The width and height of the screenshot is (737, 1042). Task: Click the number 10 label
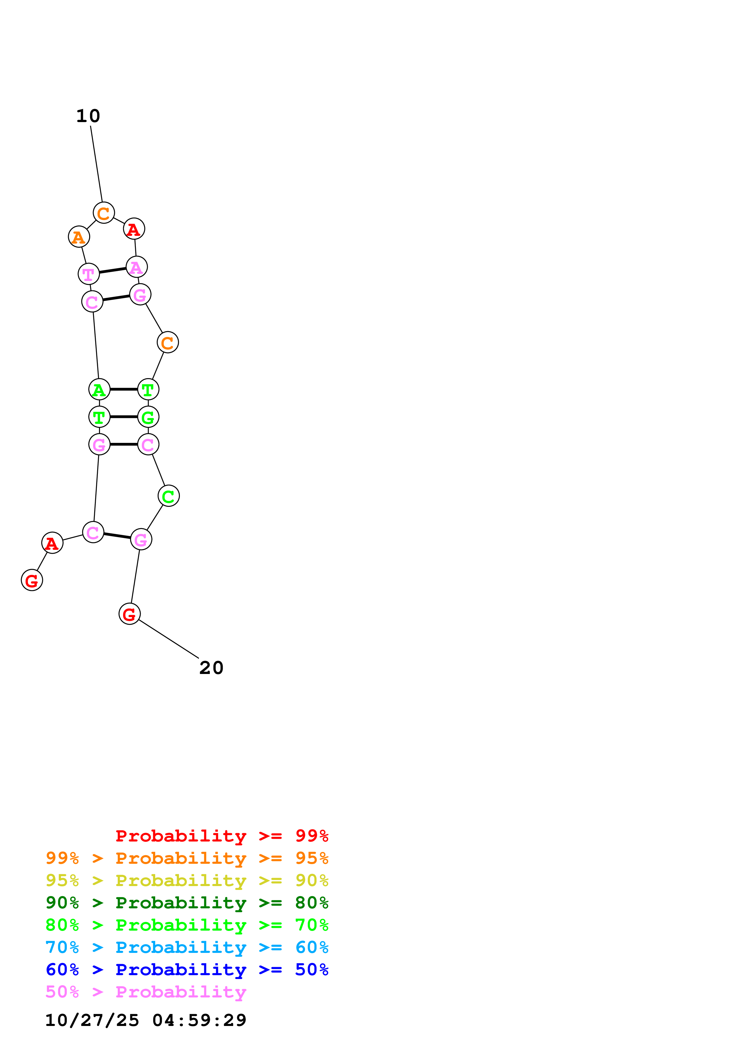88,116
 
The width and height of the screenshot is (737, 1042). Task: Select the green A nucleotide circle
99,389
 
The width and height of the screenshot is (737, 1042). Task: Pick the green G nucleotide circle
148,417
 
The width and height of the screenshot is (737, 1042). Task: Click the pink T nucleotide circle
89,274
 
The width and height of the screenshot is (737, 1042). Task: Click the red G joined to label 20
129,614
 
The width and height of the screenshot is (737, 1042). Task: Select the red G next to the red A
32,580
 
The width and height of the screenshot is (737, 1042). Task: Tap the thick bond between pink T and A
113,271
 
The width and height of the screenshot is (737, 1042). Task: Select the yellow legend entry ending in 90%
187,880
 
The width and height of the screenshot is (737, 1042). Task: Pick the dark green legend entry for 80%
187,903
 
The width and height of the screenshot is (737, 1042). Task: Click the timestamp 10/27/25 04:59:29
146,1020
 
